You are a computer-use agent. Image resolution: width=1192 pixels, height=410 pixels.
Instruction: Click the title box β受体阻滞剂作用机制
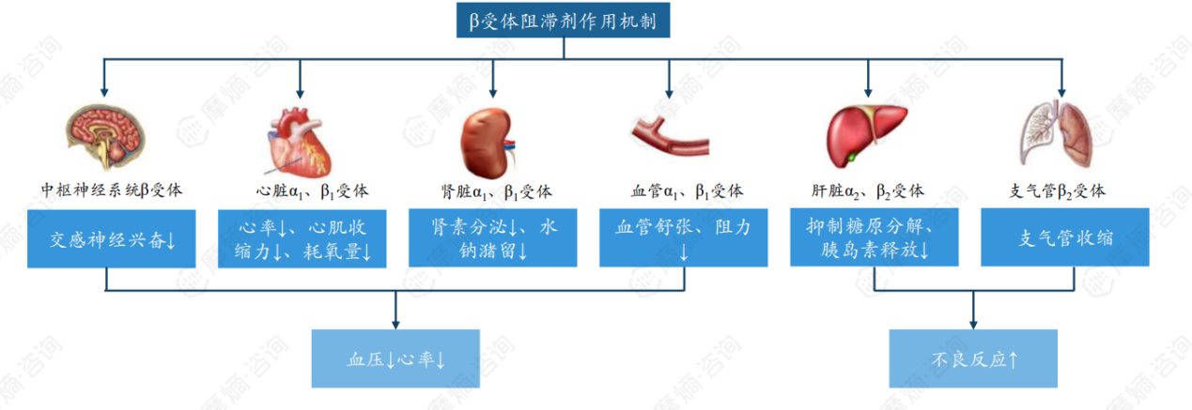pyautogui.click(x=564, y=21)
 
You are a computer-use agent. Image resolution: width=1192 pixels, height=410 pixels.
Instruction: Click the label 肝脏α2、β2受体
pyautogui.click(x=868, y=190)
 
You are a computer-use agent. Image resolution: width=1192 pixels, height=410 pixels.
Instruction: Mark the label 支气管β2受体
pyautogui.click(x=1058, y=190)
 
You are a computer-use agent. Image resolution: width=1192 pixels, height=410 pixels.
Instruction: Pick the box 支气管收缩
pyautogui.click(x=1065, y=238)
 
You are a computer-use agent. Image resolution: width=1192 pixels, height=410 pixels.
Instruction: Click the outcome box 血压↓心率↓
pyautogui.click(x=395, y=358)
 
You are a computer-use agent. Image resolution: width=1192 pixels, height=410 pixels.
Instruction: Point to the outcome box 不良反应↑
pyautogui.click(x=974, y=358)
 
